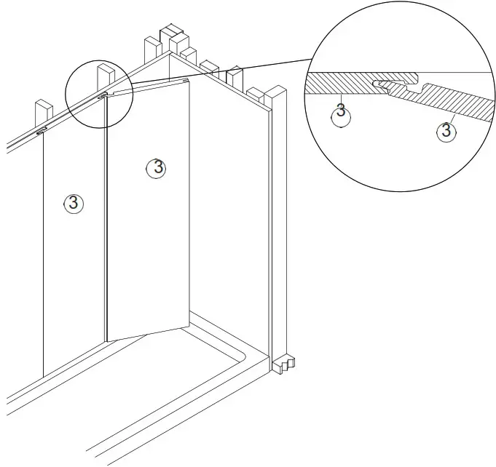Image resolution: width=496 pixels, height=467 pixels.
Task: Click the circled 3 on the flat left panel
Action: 74,203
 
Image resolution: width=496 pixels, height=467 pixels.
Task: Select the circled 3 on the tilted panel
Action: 156,167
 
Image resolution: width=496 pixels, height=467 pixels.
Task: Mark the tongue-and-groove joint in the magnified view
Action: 397,88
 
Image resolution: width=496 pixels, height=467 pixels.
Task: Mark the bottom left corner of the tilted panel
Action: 109,340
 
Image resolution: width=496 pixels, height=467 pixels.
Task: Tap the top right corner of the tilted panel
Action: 189,79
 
